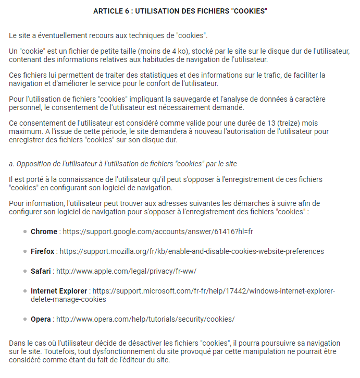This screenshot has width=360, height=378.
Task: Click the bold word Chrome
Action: click(x=44, y=231)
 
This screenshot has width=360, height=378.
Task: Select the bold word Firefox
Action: click(x=42, y=251)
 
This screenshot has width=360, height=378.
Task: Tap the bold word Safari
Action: click(x=41, y=271)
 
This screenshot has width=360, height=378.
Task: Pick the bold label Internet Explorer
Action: click(x=59, y=291)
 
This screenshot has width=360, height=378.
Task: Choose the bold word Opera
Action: click(x=41, y=319)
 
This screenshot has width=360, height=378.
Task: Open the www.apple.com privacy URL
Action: click(x=126, y=271)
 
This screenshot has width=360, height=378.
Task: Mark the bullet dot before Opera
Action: click(x=25, y=320)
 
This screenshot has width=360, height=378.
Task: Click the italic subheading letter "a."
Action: click(x=11, y=164)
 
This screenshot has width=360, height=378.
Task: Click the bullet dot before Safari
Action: click(x=25, y=272)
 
